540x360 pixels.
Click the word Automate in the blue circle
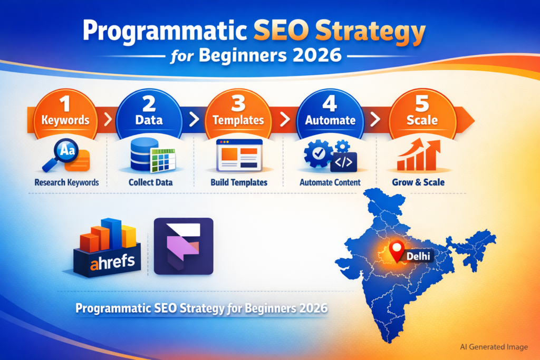point(330,120)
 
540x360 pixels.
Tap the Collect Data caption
point(150,182)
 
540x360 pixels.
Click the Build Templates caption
point(239,182)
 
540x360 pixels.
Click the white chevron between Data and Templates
point(194,120)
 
